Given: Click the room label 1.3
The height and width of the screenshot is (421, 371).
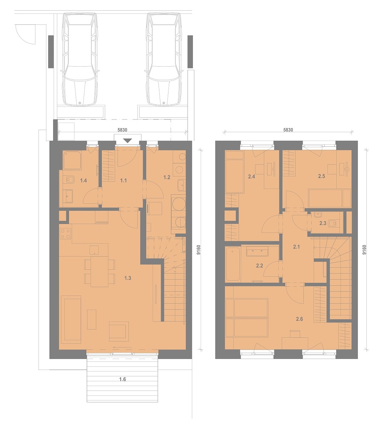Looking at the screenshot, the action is [128, 278].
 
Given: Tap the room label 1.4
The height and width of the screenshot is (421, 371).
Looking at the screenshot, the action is [84, 180].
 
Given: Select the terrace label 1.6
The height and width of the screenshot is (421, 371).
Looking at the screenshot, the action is [122, 379].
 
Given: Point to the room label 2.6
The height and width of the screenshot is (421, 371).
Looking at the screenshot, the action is [299, 319].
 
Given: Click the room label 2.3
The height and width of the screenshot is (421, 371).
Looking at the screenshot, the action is [323, 223].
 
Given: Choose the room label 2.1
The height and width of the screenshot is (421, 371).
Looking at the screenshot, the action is [296, 247].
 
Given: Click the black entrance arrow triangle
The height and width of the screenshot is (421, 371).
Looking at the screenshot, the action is [128, 140].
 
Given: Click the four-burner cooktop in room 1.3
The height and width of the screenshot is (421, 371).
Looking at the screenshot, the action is [65, 233].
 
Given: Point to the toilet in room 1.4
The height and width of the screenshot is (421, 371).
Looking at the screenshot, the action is [69, 179].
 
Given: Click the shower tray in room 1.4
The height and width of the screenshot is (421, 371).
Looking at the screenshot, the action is [72, 160].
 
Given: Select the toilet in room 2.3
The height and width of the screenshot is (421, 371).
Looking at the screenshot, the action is [335, 223].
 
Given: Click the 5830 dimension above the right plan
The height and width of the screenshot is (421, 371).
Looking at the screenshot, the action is [288, 130].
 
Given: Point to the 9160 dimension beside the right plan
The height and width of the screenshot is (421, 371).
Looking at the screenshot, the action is [364, 250].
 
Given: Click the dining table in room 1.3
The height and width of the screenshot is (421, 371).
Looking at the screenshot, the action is [99, 272].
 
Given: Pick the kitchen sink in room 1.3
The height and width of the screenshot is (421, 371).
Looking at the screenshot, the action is [94, 250].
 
